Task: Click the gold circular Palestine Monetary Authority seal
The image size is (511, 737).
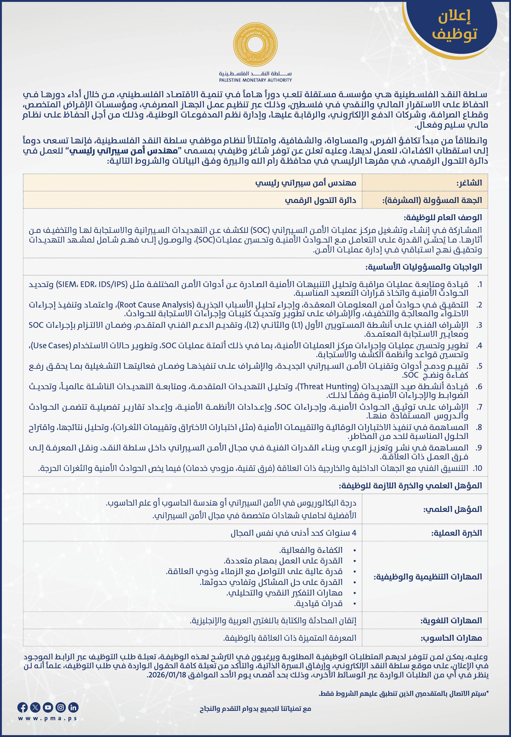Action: [255, 45]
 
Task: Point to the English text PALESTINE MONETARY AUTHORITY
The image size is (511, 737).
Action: [255, 80]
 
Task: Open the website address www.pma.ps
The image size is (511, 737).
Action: [48, 718]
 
